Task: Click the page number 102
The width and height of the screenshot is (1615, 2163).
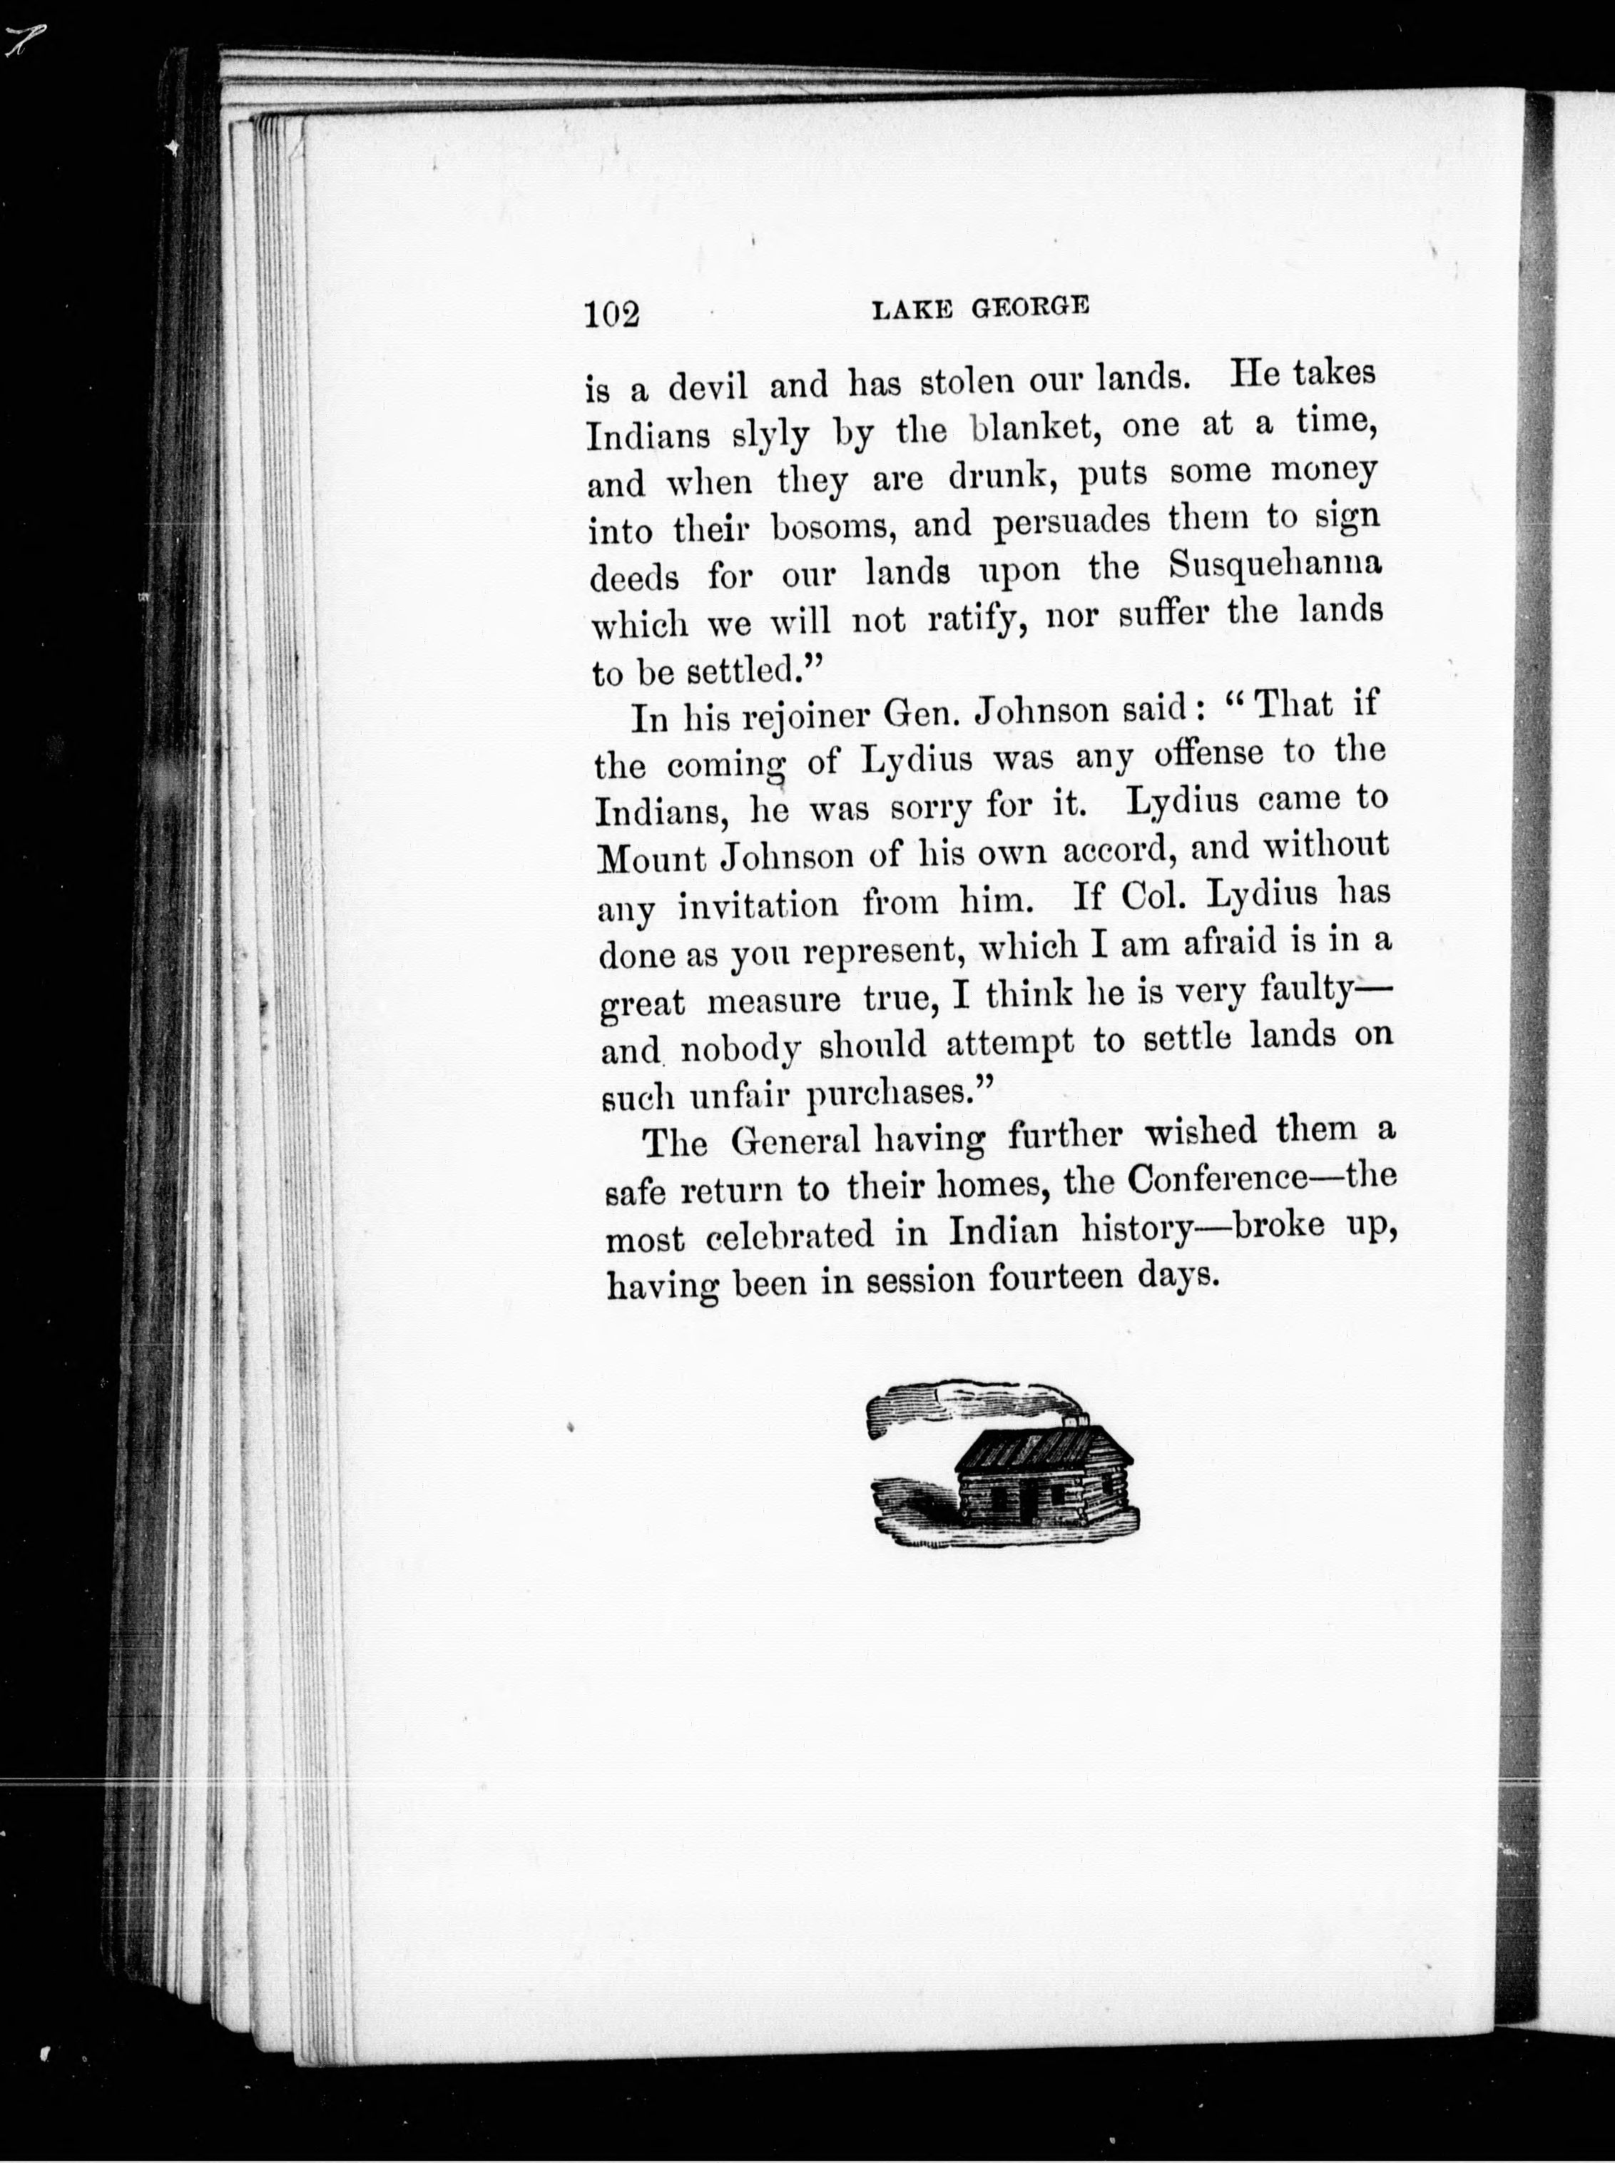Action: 612,314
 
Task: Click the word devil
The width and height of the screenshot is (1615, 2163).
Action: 708,386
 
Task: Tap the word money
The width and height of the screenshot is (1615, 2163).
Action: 1324,470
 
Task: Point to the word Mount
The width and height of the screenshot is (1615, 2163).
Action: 651,858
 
